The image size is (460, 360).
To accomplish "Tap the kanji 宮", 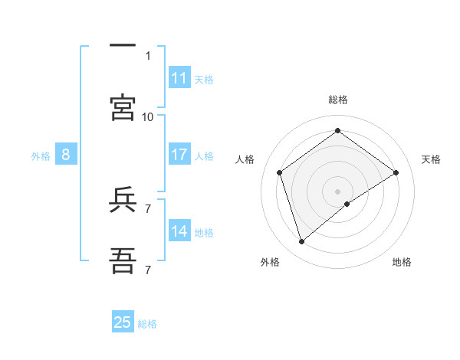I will (x=123, y=108).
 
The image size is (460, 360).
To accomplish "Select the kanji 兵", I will (x=123, y=201).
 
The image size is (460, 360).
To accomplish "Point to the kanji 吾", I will (x=123, y=261).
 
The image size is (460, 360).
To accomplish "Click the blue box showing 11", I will (x=179, y=78).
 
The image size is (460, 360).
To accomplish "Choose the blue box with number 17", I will (x=179, y=155).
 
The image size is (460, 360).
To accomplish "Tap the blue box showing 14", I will (x=179, y=231).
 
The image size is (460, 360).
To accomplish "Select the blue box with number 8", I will (x=66, y=155).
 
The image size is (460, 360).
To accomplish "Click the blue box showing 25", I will (x=123, y=322).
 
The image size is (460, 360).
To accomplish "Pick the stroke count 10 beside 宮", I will (x=147, y=116).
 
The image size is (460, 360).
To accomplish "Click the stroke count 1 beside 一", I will (x=148, y=55).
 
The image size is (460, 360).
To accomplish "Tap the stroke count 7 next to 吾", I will (x=148, y=270).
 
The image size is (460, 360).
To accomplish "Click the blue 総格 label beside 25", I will (x=148, y=324).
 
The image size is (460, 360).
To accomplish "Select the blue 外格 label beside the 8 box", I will (x=41, y=155).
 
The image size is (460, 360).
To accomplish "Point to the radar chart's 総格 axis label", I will (x=337, y=100).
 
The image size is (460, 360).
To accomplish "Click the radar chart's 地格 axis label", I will (x=402, y=262).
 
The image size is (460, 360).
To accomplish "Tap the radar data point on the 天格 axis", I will (x=396, y=172).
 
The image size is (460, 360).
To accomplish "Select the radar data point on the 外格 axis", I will (x=301, y=242).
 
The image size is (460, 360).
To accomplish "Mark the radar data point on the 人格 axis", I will (x=279, y=172).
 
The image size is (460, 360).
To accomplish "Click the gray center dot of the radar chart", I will (x=337, y=191).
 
